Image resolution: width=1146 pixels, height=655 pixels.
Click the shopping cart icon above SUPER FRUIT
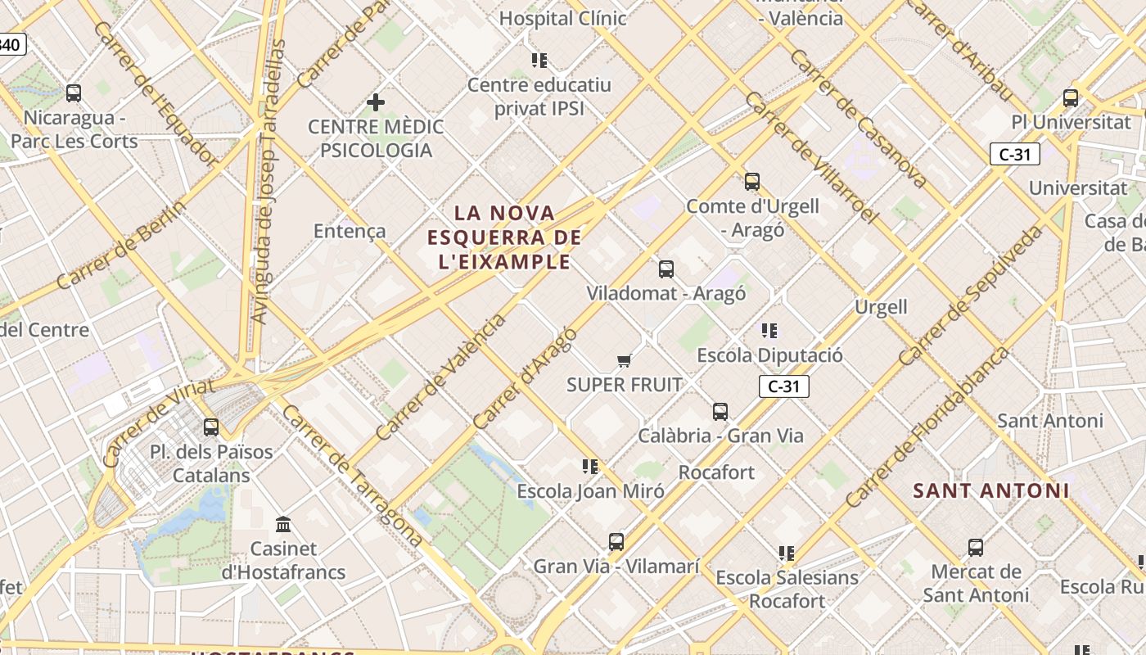pyautogui.click(x=625, y=360)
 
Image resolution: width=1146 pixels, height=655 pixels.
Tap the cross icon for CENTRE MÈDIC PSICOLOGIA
pyautogui.click(x=376, y=102)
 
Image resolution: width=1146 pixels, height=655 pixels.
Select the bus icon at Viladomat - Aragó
pyautogui.click(x=666, y=269)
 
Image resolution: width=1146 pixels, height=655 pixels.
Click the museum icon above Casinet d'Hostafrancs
pyautogui.click(x=284, y=524)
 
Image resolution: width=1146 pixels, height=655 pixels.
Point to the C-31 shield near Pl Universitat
pyautogui.click(x=1015, y=154)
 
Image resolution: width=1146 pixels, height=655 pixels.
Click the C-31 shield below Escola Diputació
pyautogui.click(x=784, y=386)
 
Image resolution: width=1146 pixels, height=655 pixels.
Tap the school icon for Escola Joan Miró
pyautogui.click(x=590, y=467)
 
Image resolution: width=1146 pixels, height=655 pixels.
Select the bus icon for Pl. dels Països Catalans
pyautogui.click(x=211, y=427)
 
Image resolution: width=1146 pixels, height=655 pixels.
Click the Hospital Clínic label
pyautogui.click(x=562, y=18)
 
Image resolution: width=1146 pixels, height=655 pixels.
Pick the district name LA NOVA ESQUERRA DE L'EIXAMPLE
pyautogui.click(x=505, y=237)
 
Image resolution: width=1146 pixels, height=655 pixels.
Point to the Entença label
pyautogui.click(x=350, y=231)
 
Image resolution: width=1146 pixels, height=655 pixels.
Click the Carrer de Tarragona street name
pyautogui.click(x=352, y=476)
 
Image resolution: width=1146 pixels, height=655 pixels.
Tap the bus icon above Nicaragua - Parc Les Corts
pyautogui.click(x=74, y=93)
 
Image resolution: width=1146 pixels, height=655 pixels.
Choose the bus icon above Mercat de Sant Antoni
pyautogui.click(x=976, y=547)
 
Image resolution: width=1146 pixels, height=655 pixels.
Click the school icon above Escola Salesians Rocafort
pyautogui.click(x=787, y=553)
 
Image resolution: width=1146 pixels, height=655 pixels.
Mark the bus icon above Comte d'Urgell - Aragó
pyautogui.click(x=752, y=182)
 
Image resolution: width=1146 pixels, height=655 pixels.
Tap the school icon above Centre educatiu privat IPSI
pyautogui.click(x=539, y=60)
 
